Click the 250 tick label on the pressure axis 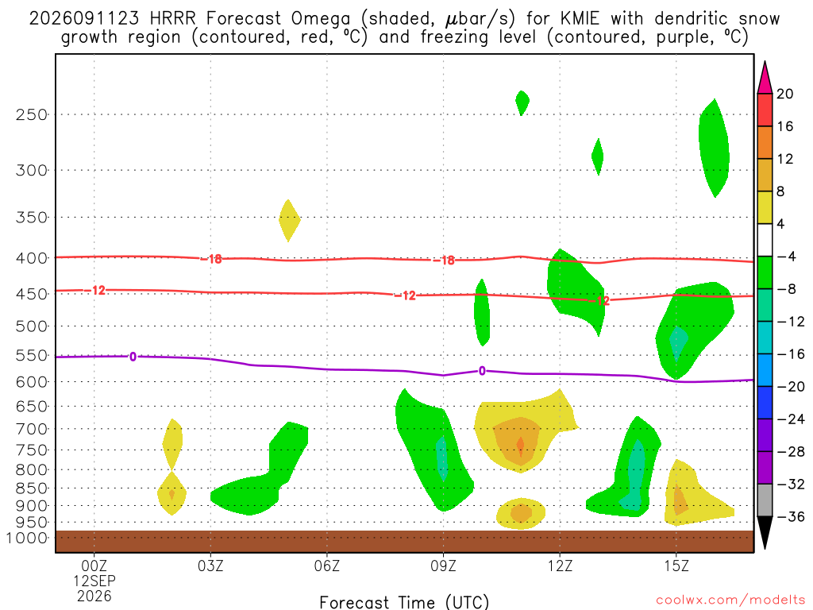click(32, 114)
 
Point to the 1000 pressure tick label click(27, 538)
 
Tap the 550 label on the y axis click(32, 355)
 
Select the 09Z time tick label click(443, 566)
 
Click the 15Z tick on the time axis click(676, 566)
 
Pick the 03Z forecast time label click(210, 566)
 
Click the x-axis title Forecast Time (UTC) click(404, 602)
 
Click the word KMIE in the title click(580, 19)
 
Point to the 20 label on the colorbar click(784, 94)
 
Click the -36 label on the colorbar click(791, 516)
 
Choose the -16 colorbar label click(791, 353)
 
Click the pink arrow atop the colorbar click(765, 77)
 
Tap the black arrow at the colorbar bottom click(765, 532)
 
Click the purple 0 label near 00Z click(133, 357)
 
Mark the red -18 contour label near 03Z click(212, 259)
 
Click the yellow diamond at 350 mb click(289, 220)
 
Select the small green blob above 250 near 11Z click(522, 102)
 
